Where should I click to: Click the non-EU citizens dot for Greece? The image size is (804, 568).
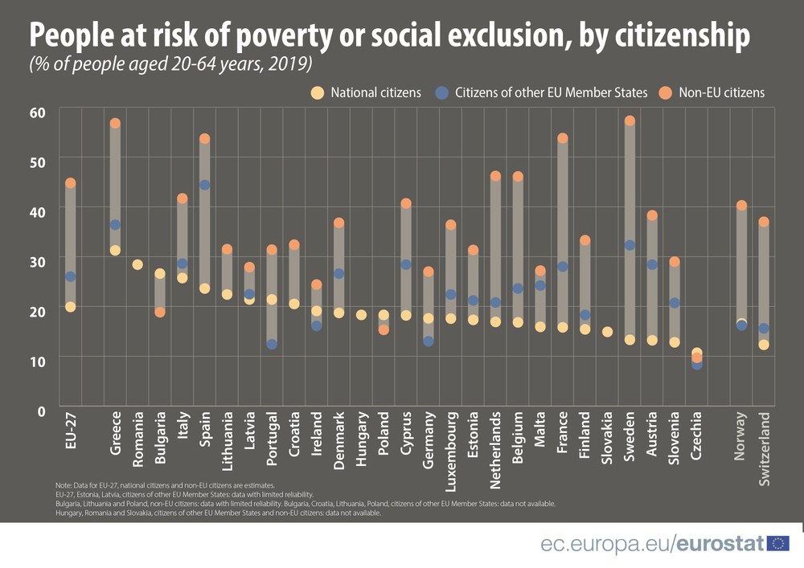[x=115, y=124]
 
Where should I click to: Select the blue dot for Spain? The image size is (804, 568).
[x=204, y=186]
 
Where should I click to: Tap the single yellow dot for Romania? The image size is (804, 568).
[x=137, y=264]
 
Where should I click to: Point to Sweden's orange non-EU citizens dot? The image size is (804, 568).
[x=630, y=121]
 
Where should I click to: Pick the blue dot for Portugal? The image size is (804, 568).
[x=272, y=344]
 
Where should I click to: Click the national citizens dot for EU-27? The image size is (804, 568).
[x=71, y=307]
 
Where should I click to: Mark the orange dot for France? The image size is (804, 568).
[x=563, y=138]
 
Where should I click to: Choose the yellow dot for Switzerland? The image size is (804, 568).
[x=764, y=345]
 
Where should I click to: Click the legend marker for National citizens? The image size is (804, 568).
[x=318, y=92]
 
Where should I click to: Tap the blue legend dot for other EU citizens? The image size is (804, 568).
[x=441, y=92]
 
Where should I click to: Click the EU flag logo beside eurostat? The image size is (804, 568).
[x=778, y=544]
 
